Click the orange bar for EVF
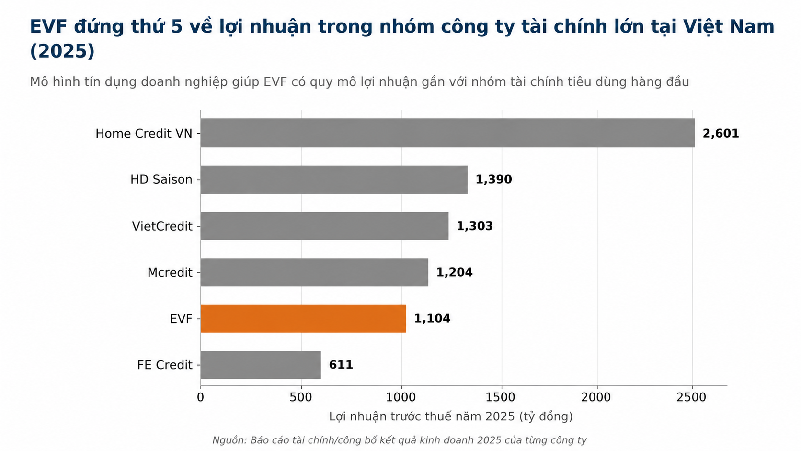[303, 318]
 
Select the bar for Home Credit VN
[448, 133]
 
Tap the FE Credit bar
[261, 364]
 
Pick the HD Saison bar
[334, 180]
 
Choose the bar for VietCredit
[325, 226]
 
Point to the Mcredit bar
[314, 272]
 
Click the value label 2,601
[721, 133]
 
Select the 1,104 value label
[432, 318]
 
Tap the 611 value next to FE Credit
[341, 365]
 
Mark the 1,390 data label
[493, 180]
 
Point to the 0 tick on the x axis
[201, 397]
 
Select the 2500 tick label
[691, 397]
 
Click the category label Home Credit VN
[144, 133]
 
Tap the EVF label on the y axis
[181, 319]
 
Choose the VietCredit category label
[162, 226]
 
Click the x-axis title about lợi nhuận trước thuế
[450, 416]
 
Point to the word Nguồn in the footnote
[229, 440]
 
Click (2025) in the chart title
[62, 51]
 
